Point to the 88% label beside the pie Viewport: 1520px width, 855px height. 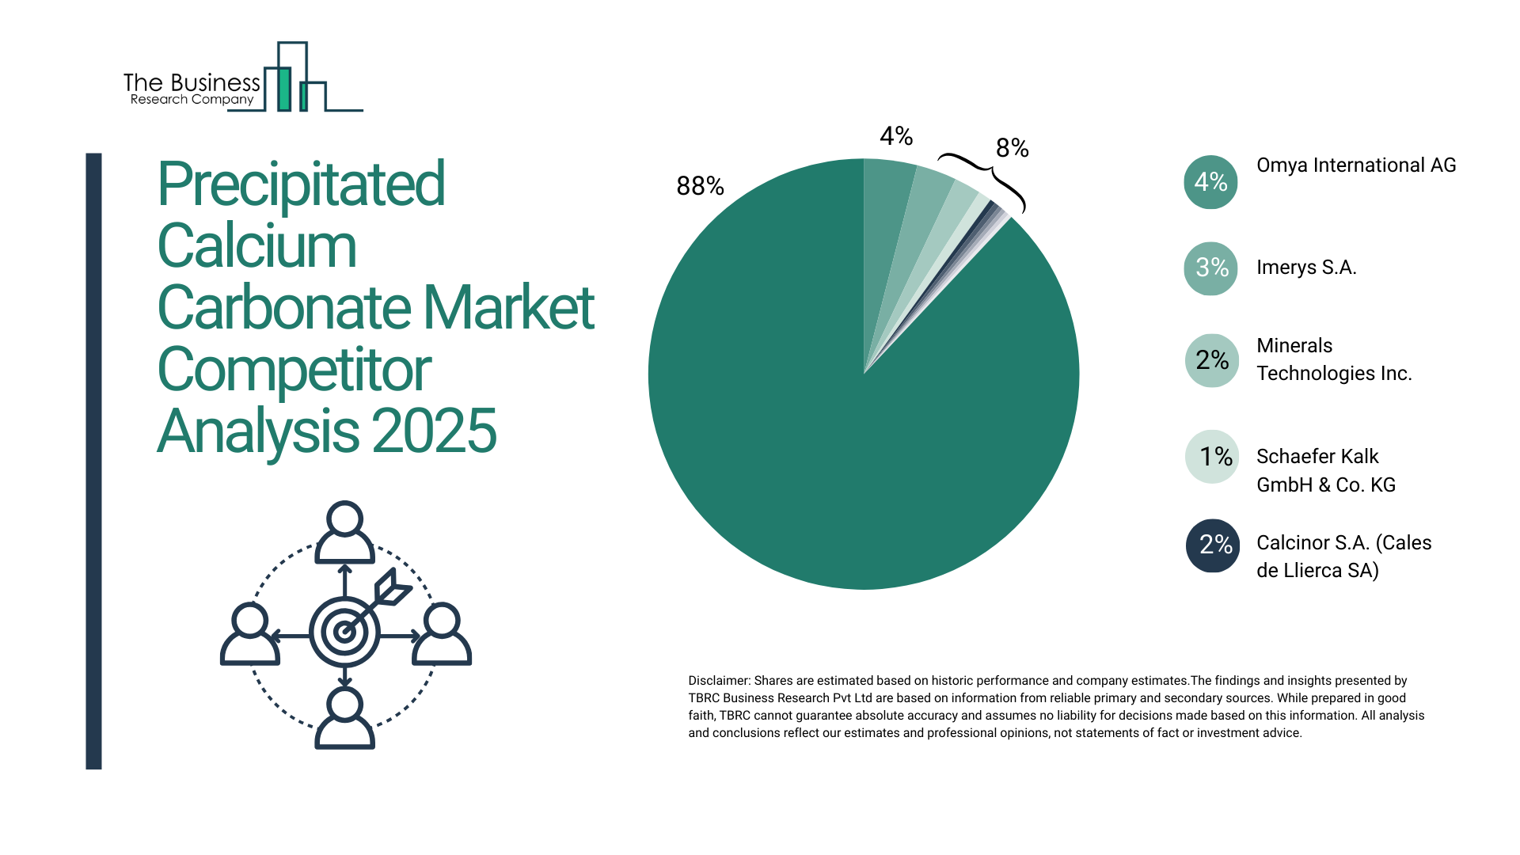[700, 186]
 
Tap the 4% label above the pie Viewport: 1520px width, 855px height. [896, 136]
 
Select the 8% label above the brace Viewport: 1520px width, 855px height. [1012, 148]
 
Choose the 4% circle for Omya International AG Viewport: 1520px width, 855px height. [1210, 182]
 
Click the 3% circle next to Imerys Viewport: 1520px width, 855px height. [1210, 268]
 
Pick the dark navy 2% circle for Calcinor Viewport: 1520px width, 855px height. [1213, 545]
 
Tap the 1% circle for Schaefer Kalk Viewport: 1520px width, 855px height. [1212, 457]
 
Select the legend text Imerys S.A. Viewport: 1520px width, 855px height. [1306, 268]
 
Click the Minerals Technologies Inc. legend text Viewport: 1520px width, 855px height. [1333, 359]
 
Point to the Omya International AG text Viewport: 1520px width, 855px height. [1355, 165]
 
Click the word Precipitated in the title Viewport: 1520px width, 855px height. [301, 184]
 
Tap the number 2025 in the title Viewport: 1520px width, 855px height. [434, 432]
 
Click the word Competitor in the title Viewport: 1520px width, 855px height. [294, 370]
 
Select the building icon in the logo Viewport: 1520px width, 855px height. [293, 79]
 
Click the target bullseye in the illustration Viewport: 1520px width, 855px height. [344, 632]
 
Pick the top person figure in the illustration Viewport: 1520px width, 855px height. [344, 532]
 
